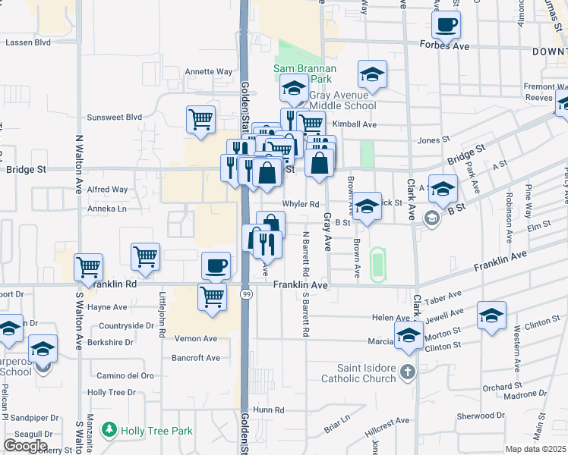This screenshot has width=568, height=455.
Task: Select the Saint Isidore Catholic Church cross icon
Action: pos(408,372)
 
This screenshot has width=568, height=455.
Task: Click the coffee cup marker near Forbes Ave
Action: pos(446,24)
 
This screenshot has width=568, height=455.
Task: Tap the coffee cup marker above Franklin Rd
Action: pos(216,265)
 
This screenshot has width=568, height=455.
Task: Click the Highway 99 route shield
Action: pos(246,293)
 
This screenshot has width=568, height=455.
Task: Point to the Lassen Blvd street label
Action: pos(27,42)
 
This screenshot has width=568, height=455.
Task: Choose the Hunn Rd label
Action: pos(269,409)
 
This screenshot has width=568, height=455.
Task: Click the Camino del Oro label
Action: pos(125,375)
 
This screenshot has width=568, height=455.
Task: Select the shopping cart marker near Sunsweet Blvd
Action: pos(200,119)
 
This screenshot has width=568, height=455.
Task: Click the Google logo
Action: pos(25,446)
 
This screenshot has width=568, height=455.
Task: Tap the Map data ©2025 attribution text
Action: pos(535,449)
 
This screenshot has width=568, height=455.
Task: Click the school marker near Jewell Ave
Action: pos(491,315)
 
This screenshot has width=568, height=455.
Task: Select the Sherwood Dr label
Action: pos(481,416)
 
